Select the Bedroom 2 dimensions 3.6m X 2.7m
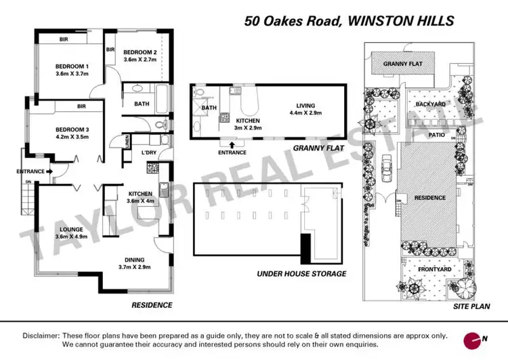(x=140, y=60)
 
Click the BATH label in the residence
(x=142, y=104)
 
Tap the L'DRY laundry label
(x=148, y=153)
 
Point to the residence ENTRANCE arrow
(x=49, y=172)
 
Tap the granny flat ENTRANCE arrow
(x=233, y=144)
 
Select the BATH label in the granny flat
(x=209, y=107)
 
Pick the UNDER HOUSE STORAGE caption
(x=301, y=274)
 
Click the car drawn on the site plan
(x=386, y=166)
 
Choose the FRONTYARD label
(x=434, y=269)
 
